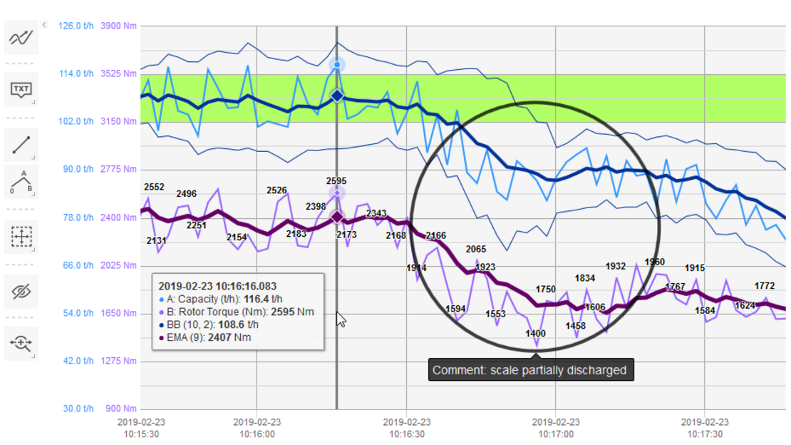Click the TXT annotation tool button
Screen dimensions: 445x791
coord(21,90)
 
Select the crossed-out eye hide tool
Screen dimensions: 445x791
coord(21,291)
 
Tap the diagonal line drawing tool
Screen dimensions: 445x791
coord(21,145)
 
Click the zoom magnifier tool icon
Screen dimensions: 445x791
coord(21,344)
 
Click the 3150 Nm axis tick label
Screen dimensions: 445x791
coord(120,121)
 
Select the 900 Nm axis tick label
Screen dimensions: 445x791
coord(123,409)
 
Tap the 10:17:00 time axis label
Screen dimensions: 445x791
coord(556,428)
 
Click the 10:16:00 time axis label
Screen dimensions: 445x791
coord(257,428)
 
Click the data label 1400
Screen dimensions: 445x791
coord(535,334)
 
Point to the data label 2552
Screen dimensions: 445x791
coord(154,188)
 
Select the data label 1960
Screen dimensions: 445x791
coord(654,262)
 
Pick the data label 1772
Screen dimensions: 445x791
coord(764,286)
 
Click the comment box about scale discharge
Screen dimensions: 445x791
coord(529,370)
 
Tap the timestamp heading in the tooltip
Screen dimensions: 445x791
coord(217,286)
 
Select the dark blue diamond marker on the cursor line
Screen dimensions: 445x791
coord(337,96)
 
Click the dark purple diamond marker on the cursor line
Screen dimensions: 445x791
coord(337,216)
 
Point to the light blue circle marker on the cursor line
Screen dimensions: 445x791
coord(337,65)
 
